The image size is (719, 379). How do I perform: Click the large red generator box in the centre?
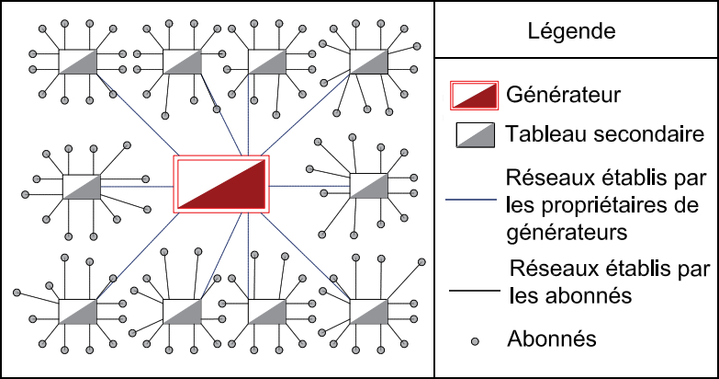pos(221,184)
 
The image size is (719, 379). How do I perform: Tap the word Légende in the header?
pos(571,31)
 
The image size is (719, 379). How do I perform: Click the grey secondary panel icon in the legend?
pos(476,135)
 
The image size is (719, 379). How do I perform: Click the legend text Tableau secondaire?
pos(603,135)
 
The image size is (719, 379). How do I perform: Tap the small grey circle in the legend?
pos(476,340)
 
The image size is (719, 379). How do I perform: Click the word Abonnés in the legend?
pos(551,339)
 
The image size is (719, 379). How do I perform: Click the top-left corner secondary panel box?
pos(78,63)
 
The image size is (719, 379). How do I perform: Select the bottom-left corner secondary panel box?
pos(77,311)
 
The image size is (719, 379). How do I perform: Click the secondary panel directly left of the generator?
pos(81,186)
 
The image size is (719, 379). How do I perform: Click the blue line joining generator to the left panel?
pos(138,186)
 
